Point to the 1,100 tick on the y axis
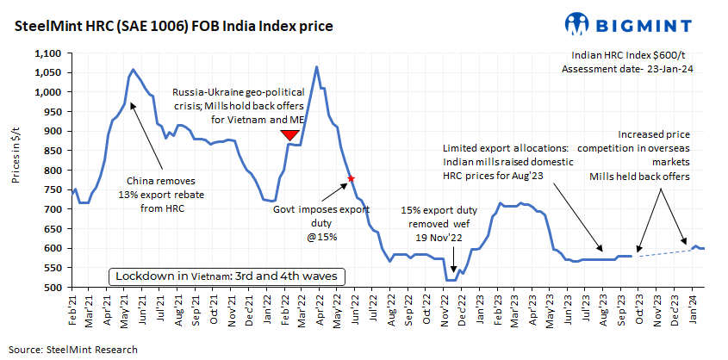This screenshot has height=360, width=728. [x=47, y=53]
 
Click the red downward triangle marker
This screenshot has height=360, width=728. [x=290, y=135]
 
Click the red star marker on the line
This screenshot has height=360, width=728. [x=351, y=178]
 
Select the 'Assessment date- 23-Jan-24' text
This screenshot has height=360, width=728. [x=622, y=69]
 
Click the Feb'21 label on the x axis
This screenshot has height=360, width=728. [x=73, y=306]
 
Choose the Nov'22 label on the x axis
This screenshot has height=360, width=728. [x=446, y=306]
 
